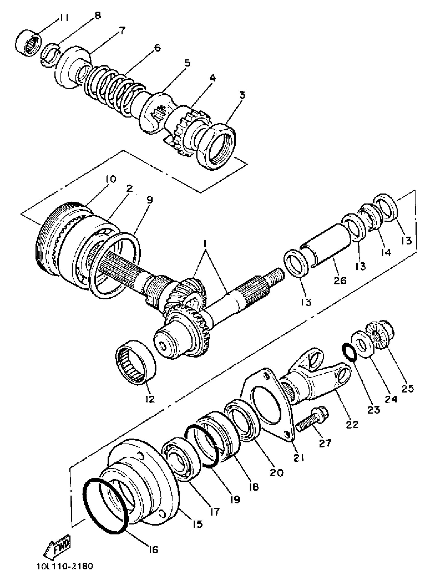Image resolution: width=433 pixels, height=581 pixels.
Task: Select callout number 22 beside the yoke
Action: [352, 424]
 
